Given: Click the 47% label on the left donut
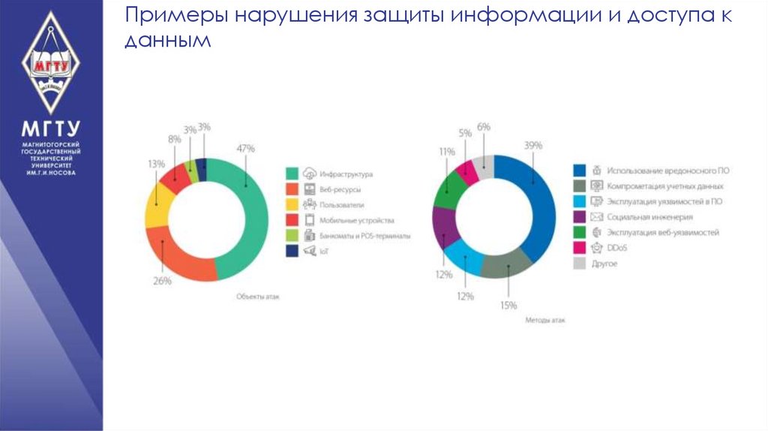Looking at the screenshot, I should tap(246, 147).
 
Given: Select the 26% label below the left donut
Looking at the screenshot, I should tap(162, 281).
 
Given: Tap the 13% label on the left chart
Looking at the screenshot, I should tap(156, 164).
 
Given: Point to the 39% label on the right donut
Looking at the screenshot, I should tap(533, 146).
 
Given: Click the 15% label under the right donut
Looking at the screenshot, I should tap(509, 305).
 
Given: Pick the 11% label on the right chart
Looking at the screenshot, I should tap(447, 152).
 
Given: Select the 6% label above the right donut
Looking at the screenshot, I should tap(483, 128).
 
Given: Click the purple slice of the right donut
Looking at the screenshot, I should tap(445, 225).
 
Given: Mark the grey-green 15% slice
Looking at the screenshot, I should tap(504, 264).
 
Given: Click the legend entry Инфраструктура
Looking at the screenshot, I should tap(346, 174).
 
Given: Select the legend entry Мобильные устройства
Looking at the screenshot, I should tap(355, 221).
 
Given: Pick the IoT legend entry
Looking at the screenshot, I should tap(325, 252).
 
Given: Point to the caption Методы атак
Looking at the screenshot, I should tap(545, 320).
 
